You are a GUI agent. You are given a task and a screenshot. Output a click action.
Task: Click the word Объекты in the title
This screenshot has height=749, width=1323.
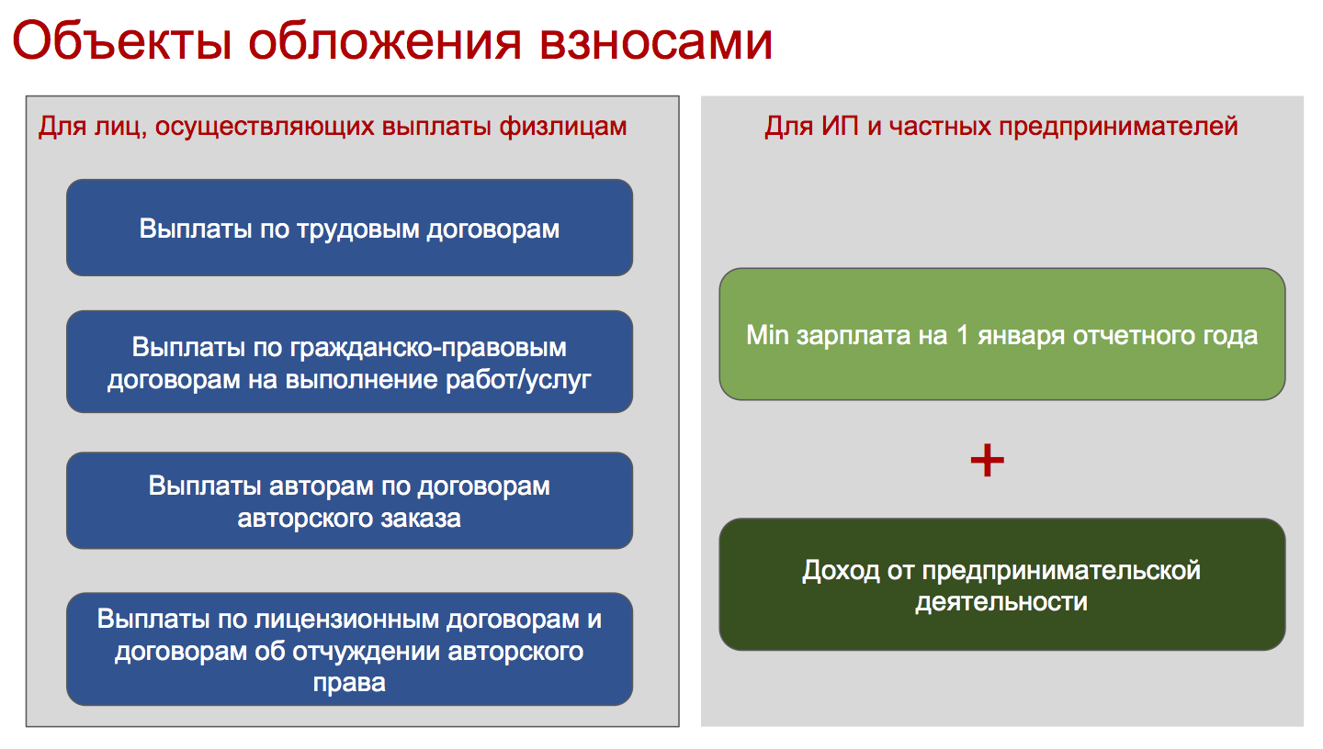(121, 40)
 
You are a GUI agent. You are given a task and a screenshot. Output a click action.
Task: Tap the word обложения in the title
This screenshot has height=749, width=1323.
(384, 40)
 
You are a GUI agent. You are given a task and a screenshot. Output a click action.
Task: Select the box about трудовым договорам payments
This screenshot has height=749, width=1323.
(350, 228)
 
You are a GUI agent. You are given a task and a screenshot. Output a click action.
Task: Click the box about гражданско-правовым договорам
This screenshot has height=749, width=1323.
(350, 362)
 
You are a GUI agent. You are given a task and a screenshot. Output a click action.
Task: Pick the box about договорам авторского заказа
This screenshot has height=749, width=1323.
(350, 500)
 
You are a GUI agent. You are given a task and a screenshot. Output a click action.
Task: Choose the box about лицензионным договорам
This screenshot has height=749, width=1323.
(350, 649)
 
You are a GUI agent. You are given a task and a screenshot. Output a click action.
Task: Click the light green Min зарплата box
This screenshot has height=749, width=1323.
(1002, 334)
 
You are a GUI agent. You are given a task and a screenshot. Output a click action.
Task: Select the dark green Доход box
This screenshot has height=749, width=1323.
(1002, 585)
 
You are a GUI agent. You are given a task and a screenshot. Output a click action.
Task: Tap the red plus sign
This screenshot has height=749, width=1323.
(988, 461)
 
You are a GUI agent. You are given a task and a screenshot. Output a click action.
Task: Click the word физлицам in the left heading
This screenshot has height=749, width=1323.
(563, 127)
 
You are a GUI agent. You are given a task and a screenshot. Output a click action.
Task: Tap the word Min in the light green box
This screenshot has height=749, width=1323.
(767, 335)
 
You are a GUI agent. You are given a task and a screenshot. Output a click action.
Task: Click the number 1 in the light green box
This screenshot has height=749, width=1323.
(962, 335)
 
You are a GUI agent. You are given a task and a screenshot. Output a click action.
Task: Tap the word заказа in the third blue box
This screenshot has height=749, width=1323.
(420, 519)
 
